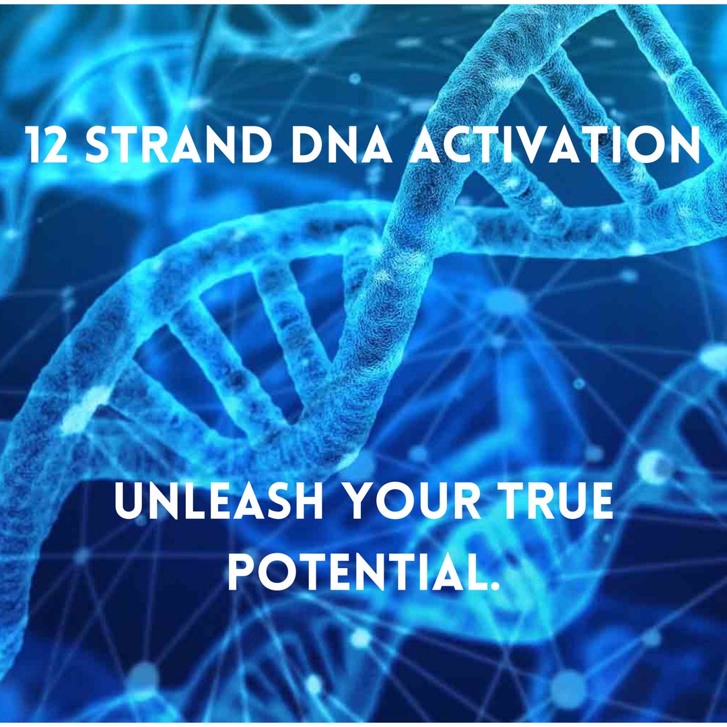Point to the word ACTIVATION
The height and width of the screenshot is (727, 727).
click(x=554, y=145)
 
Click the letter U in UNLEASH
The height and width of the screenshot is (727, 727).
click(x=129, y=504)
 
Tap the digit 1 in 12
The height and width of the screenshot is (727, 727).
click(x=34, y=145)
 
